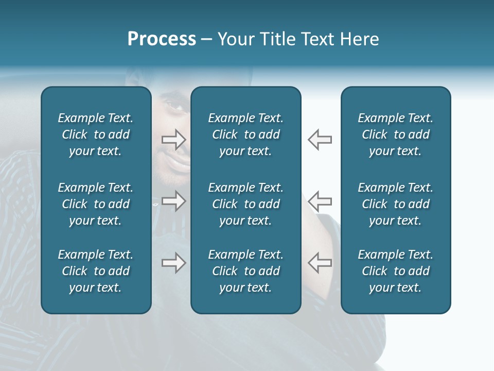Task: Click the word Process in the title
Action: coord(162,39)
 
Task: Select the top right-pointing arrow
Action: coord(173,139)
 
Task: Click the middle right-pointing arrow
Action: coord(173,201)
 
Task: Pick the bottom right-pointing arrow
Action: coord(173,263)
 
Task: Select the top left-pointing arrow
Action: coord(320,139)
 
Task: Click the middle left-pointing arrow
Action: coord(320,201)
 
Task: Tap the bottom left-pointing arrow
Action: coord(320,263)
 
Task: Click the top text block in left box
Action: coord(96,134)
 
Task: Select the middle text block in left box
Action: coord(96,204)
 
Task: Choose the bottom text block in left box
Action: coord(96,271)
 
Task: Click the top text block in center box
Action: coord(245,134)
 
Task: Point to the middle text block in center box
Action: coord(245,204)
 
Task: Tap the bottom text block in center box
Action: coord(245,271)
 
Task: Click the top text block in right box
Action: coord(395,134)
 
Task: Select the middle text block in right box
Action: coord(395,204)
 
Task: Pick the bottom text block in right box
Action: coord(395,271)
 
